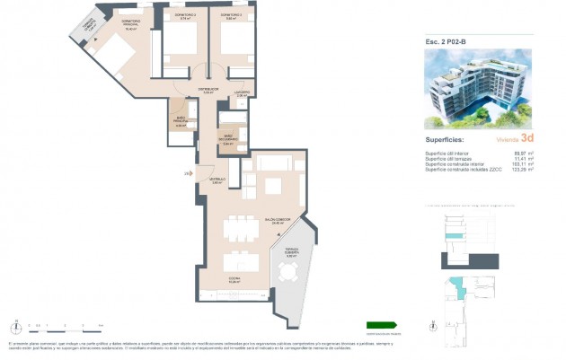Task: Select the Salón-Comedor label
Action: [278, 219]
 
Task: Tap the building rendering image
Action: [478, 87]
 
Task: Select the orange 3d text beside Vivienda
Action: [527, 137]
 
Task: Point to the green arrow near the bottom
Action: [382, 325]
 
